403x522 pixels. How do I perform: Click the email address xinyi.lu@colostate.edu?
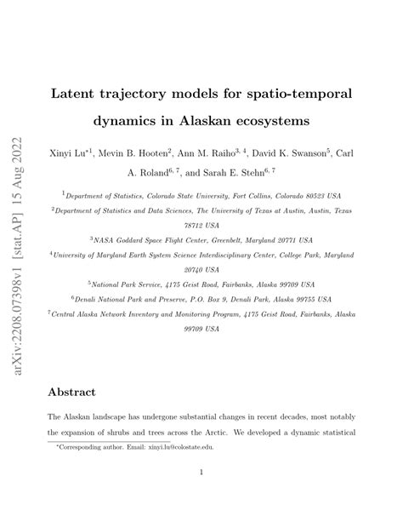pos(181,445)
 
